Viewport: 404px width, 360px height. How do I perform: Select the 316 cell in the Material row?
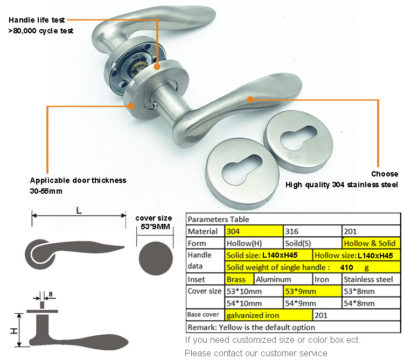click(312, 231)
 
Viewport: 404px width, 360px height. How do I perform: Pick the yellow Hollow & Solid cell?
click(372, 243)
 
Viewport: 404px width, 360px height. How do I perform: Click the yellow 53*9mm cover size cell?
click(312, 291)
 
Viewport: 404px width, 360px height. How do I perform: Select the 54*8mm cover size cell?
click(372, 303)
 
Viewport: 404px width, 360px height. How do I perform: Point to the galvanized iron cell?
click(268, 315)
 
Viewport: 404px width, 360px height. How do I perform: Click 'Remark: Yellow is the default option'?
click(251, 327)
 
